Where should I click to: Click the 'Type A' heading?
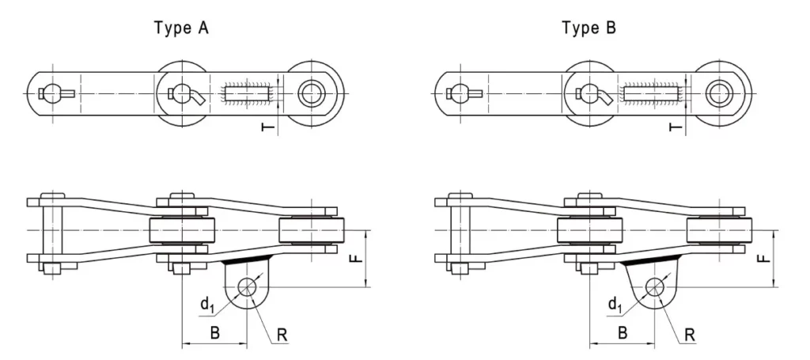coord(181,28)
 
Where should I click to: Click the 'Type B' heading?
coord(589,28)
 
